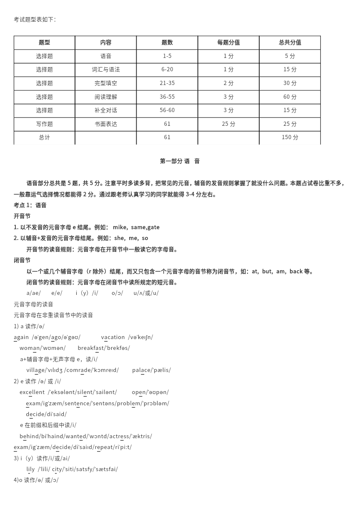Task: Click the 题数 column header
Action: (x=167, y=42)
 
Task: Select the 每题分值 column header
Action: (x=228, y=42)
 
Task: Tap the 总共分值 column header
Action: (x=290, y=42)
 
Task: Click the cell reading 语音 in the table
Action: (x=106, y=56)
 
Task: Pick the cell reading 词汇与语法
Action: (x=106, y=70)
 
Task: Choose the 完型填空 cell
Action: (x=106, y=83)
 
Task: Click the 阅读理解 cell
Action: (x=106, y=97)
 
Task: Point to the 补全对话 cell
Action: (x=106, y=110)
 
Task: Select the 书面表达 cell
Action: (x=106, y=124)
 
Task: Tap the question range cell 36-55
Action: (x=167, y=97)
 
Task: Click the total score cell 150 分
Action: (x=290, y=137)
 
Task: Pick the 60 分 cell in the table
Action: (x=290, y=97)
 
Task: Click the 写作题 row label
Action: (x=45, y=124)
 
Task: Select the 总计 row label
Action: (x=45, y=137)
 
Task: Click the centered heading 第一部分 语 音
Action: (x=180, y=161)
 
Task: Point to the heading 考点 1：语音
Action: (x=30, y=205)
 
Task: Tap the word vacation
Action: (x=113, y=337)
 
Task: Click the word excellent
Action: (x=32, y=392)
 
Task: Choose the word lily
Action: (x=31, y=469)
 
